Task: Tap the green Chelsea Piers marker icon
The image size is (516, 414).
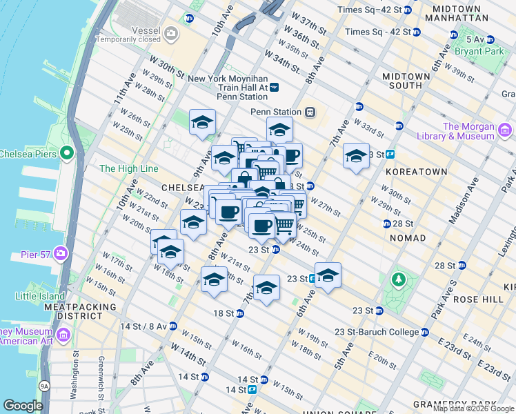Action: tap(67, 152)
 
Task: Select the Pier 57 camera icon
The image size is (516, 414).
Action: tap(61, 254)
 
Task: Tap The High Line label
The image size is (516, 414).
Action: tap(128, 168)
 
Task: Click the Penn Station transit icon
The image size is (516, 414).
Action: tap(310, 112)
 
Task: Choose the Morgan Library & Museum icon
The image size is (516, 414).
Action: tap(505, 129)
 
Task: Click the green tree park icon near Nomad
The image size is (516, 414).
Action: tap(397, 279)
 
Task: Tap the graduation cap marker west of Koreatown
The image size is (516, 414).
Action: tap(356, 157)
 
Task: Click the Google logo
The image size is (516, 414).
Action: tap(23, 406)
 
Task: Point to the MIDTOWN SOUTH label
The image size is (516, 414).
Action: tap(397, 81)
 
